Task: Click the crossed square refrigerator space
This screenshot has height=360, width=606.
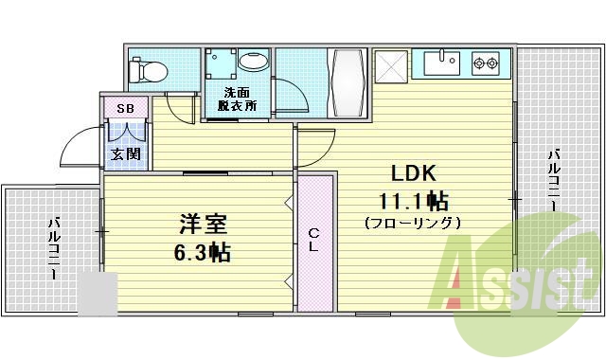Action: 390,66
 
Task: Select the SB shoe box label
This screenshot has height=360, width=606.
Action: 125,109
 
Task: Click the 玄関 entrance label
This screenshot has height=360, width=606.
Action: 124,153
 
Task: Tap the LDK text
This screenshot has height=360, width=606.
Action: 413,172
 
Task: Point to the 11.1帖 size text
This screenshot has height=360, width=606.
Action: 414,201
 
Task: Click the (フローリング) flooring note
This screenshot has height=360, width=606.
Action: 413,224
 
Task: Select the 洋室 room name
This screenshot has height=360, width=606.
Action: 202,225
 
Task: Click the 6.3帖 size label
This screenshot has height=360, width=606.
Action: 202,253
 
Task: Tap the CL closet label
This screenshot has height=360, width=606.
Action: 314,238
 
